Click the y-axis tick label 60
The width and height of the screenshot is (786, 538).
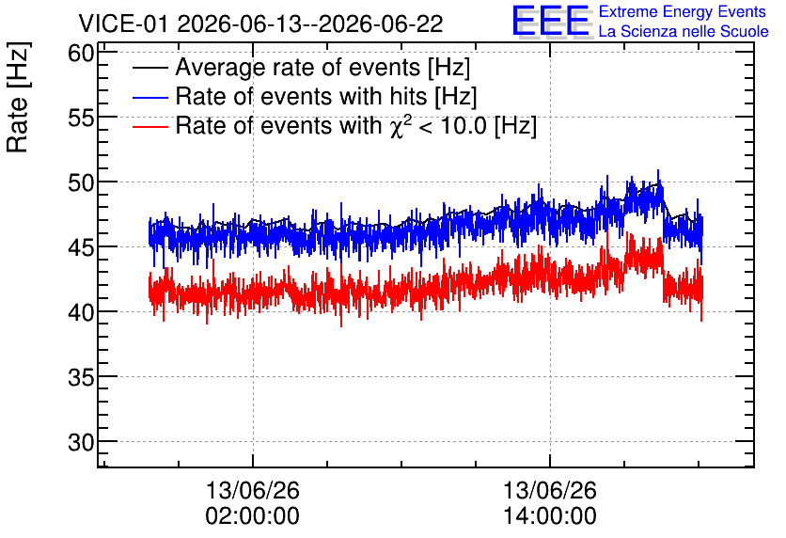[81, 53]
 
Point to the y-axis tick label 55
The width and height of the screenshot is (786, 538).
[81, 118]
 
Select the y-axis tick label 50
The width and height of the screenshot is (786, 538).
[81, 182]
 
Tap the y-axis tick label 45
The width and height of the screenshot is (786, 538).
[81, 247]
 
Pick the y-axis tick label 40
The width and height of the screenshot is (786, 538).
[81, 312]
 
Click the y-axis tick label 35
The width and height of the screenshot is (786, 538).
[81, 377]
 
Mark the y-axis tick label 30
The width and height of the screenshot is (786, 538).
[81, 442]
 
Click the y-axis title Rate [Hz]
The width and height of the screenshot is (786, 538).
[18, 97]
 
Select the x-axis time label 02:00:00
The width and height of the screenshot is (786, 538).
[253, 516]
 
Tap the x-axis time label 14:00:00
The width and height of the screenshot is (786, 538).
[550, 516]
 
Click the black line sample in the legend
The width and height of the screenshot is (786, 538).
[149, 68]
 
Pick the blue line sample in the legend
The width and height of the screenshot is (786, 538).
[149, 97]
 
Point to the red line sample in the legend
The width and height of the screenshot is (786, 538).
[149, 126]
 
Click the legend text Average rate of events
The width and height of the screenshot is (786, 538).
[298, 68]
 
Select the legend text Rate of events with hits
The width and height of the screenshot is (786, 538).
[301, 96]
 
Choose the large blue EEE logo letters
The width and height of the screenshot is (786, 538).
[550, 21]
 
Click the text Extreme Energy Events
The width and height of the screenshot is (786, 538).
[683, 11]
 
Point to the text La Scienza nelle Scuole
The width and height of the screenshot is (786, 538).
[684, 32]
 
